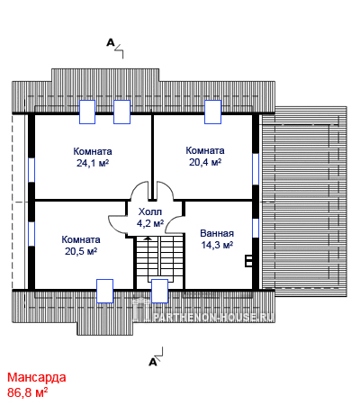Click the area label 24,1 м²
(93, 163)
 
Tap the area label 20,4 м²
(205, 162)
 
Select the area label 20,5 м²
(81, 251)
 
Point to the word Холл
(150, 211)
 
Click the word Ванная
(217, 233)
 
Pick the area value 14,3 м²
(217, 245)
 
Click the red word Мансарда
(37, 377)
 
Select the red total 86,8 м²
(28, 392)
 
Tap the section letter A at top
(111, 43)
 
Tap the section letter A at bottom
(153, 362)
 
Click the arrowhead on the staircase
(148, 238)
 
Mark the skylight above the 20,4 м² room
(212, 112)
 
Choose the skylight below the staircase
(159, 291)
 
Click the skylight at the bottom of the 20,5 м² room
(104, 291)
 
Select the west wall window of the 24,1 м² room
(31, 170)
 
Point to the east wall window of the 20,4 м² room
(256, 169)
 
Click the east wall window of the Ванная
(256, 228)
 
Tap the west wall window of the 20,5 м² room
(31, 234)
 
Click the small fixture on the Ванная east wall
(248, 261)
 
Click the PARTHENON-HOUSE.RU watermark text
(213, 318)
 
